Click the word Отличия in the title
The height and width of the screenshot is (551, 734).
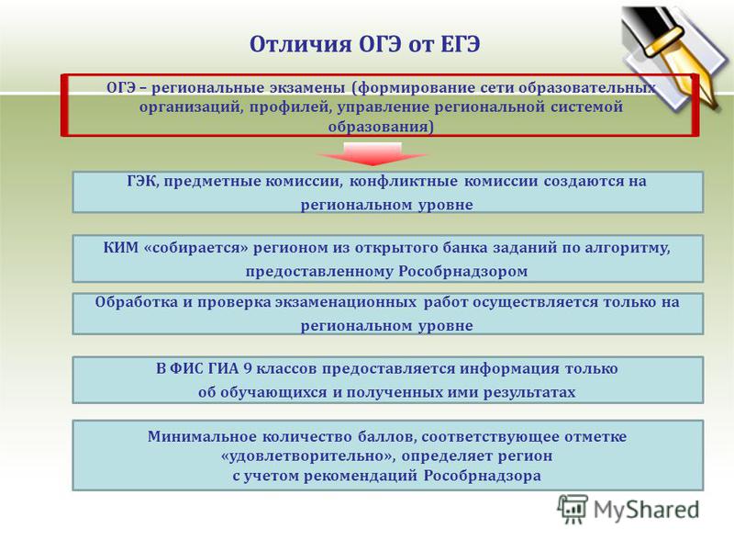point(301,44)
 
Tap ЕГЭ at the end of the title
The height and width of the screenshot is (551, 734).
point(461,44)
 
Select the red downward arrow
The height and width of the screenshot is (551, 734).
point(373,154)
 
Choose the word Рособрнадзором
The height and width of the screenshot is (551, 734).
point(463,271)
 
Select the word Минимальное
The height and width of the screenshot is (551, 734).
point(202,437)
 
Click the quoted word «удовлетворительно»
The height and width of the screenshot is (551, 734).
point(308,455)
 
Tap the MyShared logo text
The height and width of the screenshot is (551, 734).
point(647,510)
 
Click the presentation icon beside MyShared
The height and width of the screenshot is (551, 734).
point(572,509)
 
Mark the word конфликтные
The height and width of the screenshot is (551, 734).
point(403,181)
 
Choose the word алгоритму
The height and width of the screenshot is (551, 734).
point(628,248)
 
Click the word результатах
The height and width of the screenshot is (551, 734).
point(529,392)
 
